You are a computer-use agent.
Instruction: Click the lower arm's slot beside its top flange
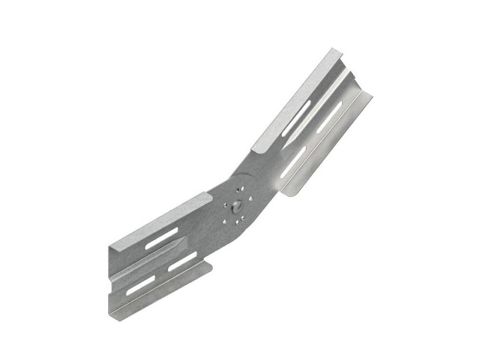(x=162, y=238)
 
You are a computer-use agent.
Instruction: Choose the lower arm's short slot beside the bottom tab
(x=183, y=262)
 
